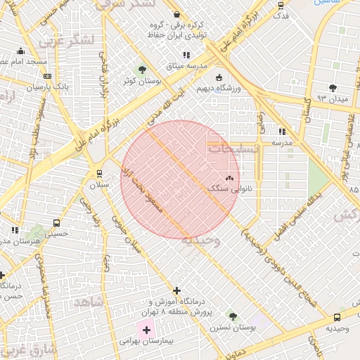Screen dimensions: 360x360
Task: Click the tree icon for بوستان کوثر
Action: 143,70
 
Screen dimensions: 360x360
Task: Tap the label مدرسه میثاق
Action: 186,66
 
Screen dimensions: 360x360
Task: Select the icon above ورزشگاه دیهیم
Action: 219,77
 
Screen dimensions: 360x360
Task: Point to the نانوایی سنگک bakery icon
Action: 230,178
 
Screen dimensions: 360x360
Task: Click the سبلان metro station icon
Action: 98,173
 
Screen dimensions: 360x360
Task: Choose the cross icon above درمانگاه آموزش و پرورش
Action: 176,290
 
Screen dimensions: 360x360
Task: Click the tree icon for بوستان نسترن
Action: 233,317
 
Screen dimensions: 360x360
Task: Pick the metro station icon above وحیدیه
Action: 337,317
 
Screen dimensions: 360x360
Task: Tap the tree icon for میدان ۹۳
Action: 333,88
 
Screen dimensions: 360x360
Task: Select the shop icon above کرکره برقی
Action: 176,14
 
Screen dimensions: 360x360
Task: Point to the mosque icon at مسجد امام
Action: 20,51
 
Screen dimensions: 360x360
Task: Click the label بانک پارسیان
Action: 29,88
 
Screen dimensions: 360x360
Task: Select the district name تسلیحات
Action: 233,149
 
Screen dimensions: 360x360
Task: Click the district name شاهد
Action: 88,302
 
